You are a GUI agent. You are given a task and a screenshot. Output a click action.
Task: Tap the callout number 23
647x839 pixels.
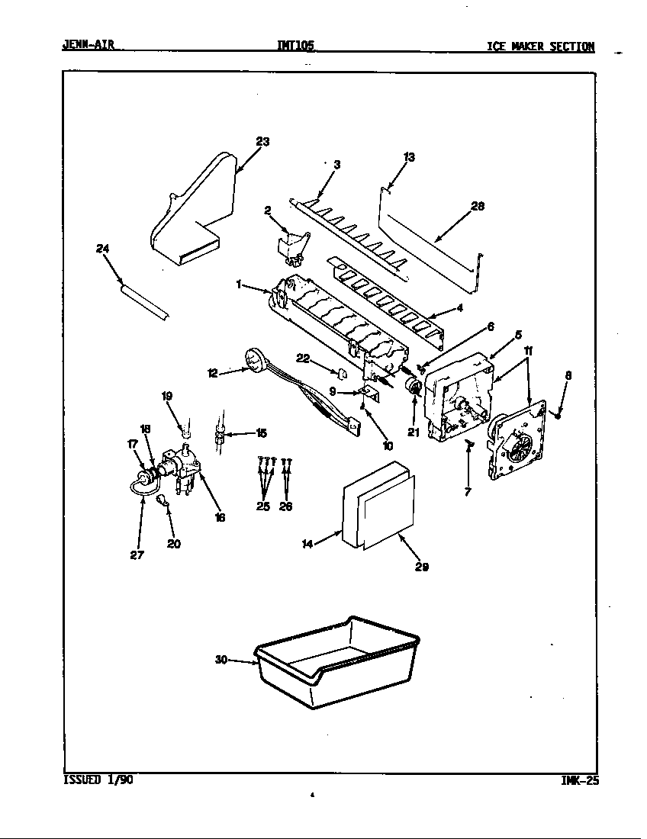tap(262, 142)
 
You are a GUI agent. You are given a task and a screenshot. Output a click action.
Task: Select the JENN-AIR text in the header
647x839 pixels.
tap(88, 45)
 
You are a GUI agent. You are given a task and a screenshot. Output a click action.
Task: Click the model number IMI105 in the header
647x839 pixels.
tap(295, 46)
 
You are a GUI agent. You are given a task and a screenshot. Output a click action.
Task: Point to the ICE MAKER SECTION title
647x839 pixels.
tap(540, 47)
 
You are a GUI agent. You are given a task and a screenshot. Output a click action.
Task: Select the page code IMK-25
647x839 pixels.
tap(578, 780)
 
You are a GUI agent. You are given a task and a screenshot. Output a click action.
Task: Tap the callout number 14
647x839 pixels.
tap(307, 544)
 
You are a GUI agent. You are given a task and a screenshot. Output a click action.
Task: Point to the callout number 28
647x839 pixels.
tap(478, 206)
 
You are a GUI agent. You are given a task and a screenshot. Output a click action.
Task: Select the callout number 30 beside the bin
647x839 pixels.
tap(221, 660)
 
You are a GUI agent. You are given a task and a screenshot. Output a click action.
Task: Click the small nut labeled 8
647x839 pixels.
tap(558, 416)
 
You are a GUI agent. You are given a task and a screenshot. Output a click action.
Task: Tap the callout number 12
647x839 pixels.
tap(213, 373)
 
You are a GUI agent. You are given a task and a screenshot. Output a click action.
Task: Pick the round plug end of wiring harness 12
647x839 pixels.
tap(252, 358)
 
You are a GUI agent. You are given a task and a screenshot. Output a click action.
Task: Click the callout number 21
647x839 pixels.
tap(414, 432)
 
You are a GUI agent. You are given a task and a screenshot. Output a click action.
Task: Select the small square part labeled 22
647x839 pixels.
tap(343, 374)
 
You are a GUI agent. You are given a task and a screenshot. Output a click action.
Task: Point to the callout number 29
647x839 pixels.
tap(421, 567)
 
